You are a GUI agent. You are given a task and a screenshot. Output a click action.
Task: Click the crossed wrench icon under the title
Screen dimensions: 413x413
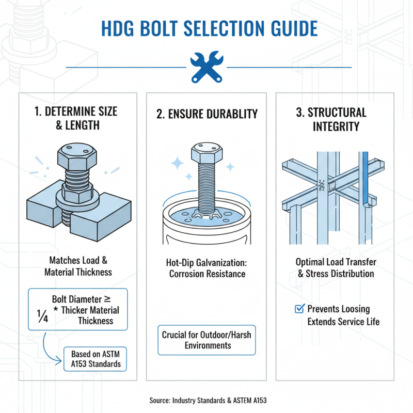click(206, 67)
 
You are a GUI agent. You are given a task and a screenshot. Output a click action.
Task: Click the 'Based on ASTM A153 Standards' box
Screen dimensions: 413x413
click(96, 359)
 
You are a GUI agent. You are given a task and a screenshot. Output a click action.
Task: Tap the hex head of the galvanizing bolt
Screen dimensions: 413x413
click(206, 153)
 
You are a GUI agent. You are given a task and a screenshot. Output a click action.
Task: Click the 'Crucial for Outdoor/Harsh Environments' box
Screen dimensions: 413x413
click(207, 340)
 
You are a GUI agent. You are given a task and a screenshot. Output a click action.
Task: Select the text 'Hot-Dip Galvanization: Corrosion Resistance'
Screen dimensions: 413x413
click(206, 268)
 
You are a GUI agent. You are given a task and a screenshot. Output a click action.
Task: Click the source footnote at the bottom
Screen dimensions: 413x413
click(206, 400)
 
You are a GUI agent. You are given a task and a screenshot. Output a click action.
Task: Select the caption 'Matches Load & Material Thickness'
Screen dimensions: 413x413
click(77, 266)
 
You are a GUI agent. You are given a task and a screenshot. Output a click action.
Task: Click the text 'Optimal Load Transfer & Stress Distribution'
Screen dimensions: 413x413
click(336, 267)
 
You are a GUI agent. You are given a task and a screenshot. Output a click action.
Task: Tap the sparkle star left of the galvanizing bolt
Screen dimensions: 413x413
click(178, 164)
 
